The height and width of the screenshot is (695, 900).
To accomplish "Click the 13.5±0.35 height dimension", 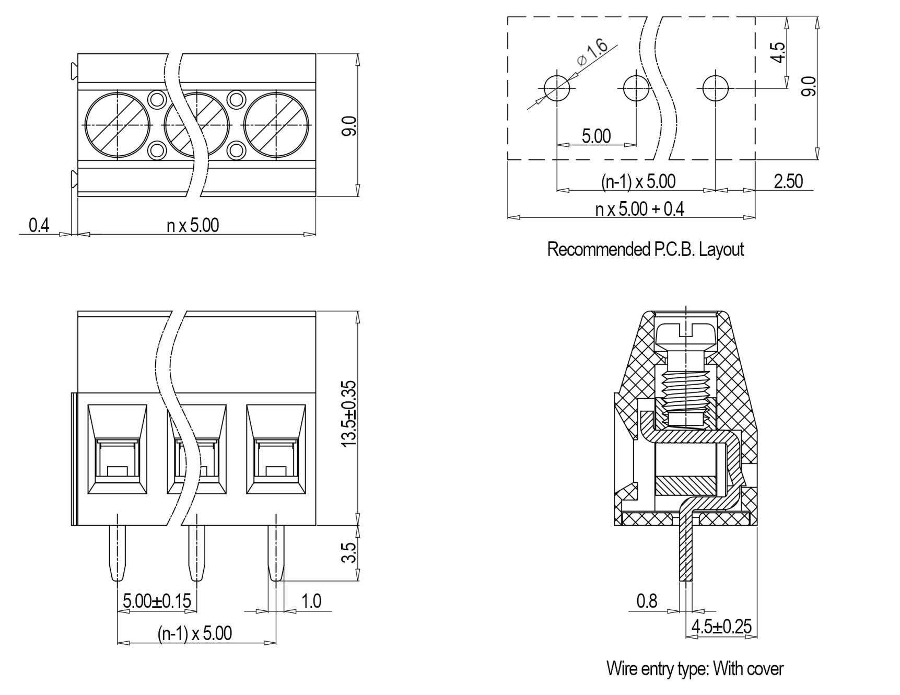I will coord(348,413).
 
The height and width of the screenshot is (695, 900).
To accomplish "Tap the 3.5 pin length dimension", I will coord(348,552).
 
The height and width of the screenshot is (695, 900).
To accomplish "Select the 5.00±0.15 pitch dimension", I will coord(157,601).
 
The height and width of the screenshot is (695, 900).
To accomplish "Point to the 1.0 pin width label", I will coord(311,601).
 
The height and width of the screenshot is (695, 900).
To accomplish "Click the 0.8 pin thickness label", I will coord(647,601).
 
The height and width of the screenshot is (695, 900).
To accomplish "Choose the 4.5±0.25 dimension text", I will coord(721,626).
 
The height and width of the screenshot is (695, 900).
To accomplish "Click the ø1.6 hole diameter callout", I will coord(592,53).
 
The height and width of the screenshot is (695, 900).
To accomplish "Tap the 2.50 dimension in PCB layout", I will coord(788,181).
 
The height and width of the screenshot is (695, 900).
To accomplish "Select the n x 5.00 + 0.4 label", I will coord(639,209).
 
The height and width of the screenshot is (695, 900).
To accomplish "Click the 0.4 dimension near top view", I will coord(39,225).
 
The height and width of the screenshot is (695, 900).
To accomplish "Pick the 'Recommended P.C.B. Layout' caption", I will coord(645,249).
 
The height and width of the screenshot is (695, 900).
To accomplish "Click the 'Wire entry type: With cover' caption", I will coord(695,668).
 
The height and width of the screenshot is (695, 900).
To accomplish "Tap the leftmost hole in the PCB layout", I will coord(557,88).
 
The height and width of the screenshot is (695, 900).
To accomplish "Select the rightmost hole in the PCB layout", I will coord(715,88).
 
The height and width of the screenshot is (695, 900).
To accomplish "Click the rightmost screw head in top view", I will coord(276,125).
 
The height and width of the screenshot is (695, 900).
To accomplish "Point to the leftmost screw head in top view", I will coord(118,125).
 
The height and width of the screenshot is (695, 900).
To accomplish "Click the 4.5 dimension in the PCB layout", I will coord(778,52).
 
